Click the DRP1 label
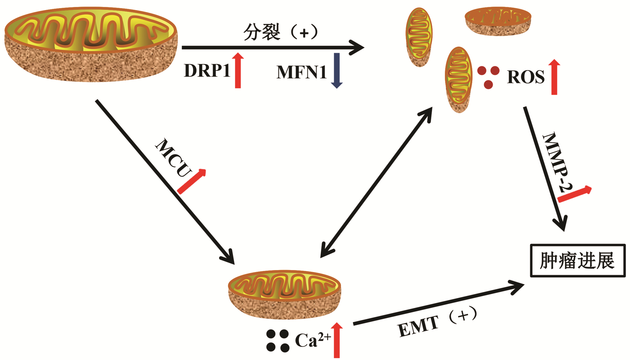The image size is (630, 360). [207, 71]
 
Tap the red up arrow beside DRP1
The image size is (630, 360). [238, 71]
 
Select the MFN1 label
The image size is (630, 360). [302, 72]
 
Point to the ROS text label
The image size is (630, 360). [526, 77]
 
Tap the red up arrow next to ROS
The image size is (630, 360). [554, 77]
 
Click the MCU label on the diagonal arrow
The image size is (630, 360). [174, 158]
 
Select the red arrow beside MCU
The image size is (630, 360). [192, 181]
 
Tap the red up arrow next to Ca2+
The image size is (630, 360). [337, 340]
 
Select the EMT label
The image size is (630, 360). [419, 326]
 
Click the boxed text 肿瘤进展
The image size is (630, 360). [577, 261]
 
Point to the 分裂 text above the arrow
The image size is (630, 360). [262, 32]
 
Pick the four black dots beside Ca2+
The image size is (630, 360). [278, 341]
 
